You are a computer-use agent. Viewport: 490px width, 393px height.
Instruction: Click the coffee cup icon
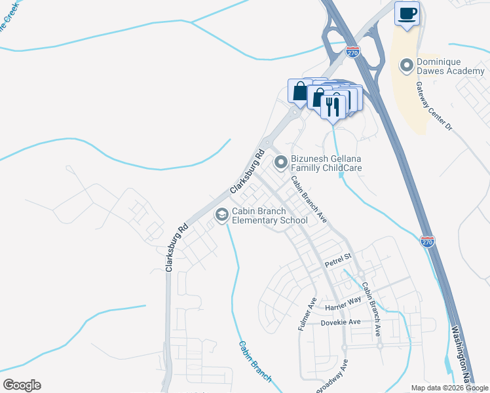point(407,13)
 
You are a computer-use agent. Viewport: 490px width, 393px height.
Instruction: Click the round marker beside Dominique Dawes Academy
point(406,65)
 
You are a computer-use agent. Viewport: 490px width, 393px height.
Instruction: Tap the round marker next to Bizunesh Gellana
point(281,160)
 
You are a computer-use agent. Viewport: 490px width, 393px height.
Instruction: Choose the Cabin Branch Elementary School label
point(270,215)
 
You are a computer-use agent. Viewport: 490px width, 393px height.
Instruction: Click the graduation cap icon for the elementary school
point(221,214)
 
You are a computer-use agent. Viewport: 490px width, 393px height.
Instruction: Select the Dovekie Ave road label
point(341,322)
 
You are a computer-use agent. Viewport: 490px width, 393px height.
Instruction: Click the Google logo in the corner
point(22,385)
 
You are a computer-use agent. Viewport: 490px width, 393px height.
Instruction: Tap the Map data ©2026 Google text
point(449,388)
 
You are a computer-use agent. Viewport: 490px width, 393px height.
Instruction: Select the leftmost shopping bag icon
point(299,92)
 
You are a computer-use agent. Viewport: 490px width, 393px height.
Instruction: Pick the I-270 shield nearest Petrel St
point(427,242)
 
